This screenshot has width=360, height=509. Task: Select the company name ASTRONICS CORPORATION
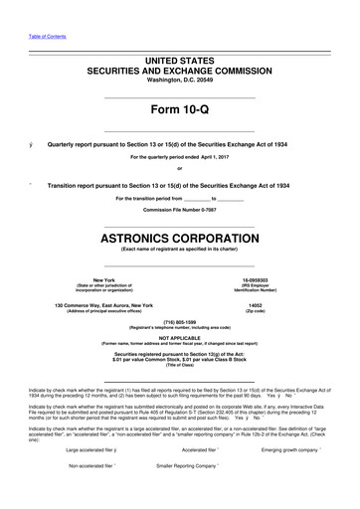[x=180, y=240]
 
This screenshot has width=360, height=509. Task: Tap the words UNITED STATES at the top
[x=180, y=61]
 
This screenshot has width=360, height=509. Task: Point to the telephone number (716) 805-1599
[x=180, y=322]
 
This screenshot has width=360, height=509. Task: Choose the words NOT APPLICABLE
[x=180, y=339]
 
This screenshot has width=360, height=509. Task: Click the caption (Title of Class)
[x=180, y=367]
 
